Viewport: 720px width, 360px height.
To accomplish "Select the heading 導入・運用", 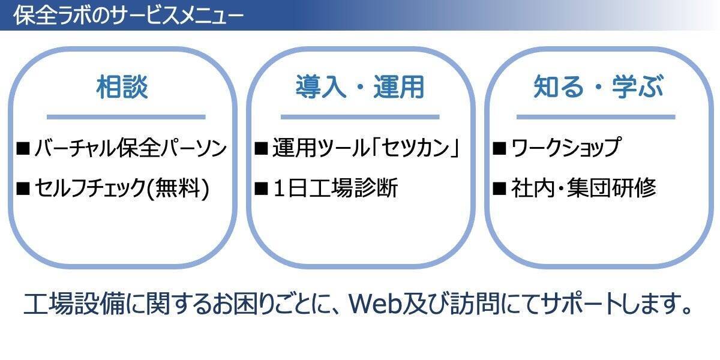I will [359, 88].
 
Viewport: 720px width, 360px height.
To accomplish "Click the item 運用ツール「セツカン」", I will [366, 148].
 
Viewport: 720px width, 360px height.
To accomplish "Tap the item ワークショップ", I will [565, 148].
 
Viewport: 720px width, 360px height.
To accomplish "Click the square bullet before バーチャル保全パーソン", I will [23, 148].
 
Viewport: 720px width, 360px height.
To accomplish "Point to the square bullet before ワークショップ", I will [499, 148].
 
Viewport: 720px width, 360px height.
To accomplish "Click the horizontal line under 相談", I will [126, 117].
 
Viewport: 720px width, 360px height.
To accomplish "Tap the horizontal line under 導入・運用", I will [359, 117].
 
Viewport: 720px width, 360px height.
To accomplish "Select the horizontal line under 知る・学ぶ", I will [595, 117].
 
